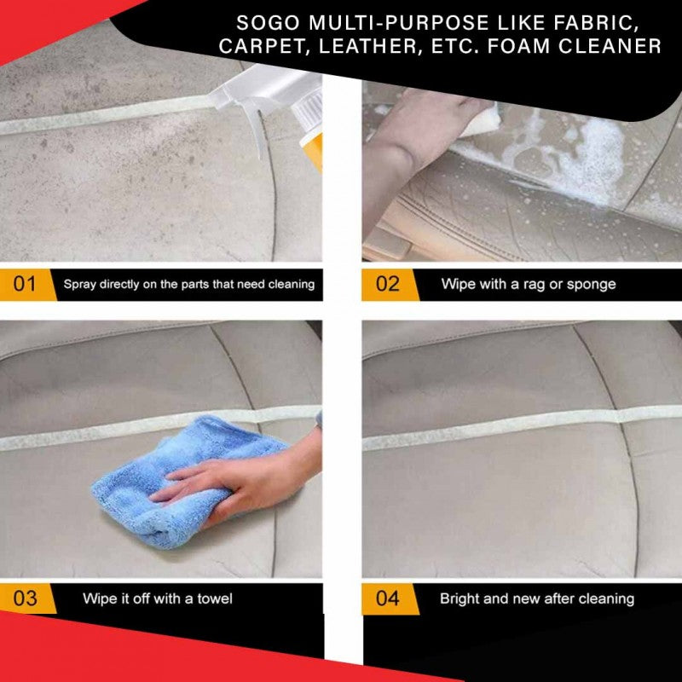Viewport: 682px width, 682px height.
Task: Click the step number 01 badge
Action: (x=25, y=284)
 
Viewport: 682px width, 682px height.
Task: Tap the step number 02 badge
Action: (x=387, y=284)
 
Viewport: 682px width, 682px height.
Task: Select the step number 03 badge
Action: (x=25, y=598)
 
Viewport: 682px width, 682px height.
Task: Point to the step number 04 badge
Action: (x=387, y=598)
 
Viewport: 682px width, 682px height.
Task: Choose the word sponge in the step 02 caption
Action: (x=592, y=284)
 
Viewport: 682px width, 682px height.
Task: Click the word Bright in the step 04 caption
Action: (x=459, y=598)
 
